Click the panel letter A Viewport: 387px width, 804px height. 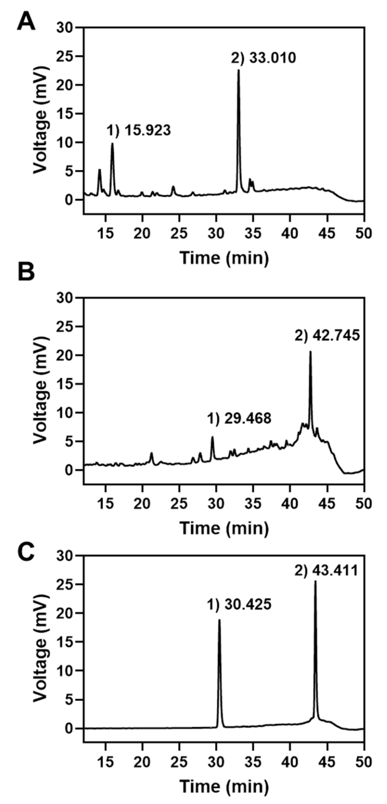pos(26,22)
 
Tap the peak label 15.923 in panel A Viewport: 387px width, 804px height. pos(139,131)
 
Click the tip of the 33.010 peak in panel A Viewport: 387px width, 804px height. pos(239,70)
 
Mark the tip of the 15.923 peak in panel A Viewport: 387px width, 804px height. pos(112,143)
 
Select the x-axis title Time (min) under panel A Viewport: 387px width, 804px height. pos(224,258)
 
